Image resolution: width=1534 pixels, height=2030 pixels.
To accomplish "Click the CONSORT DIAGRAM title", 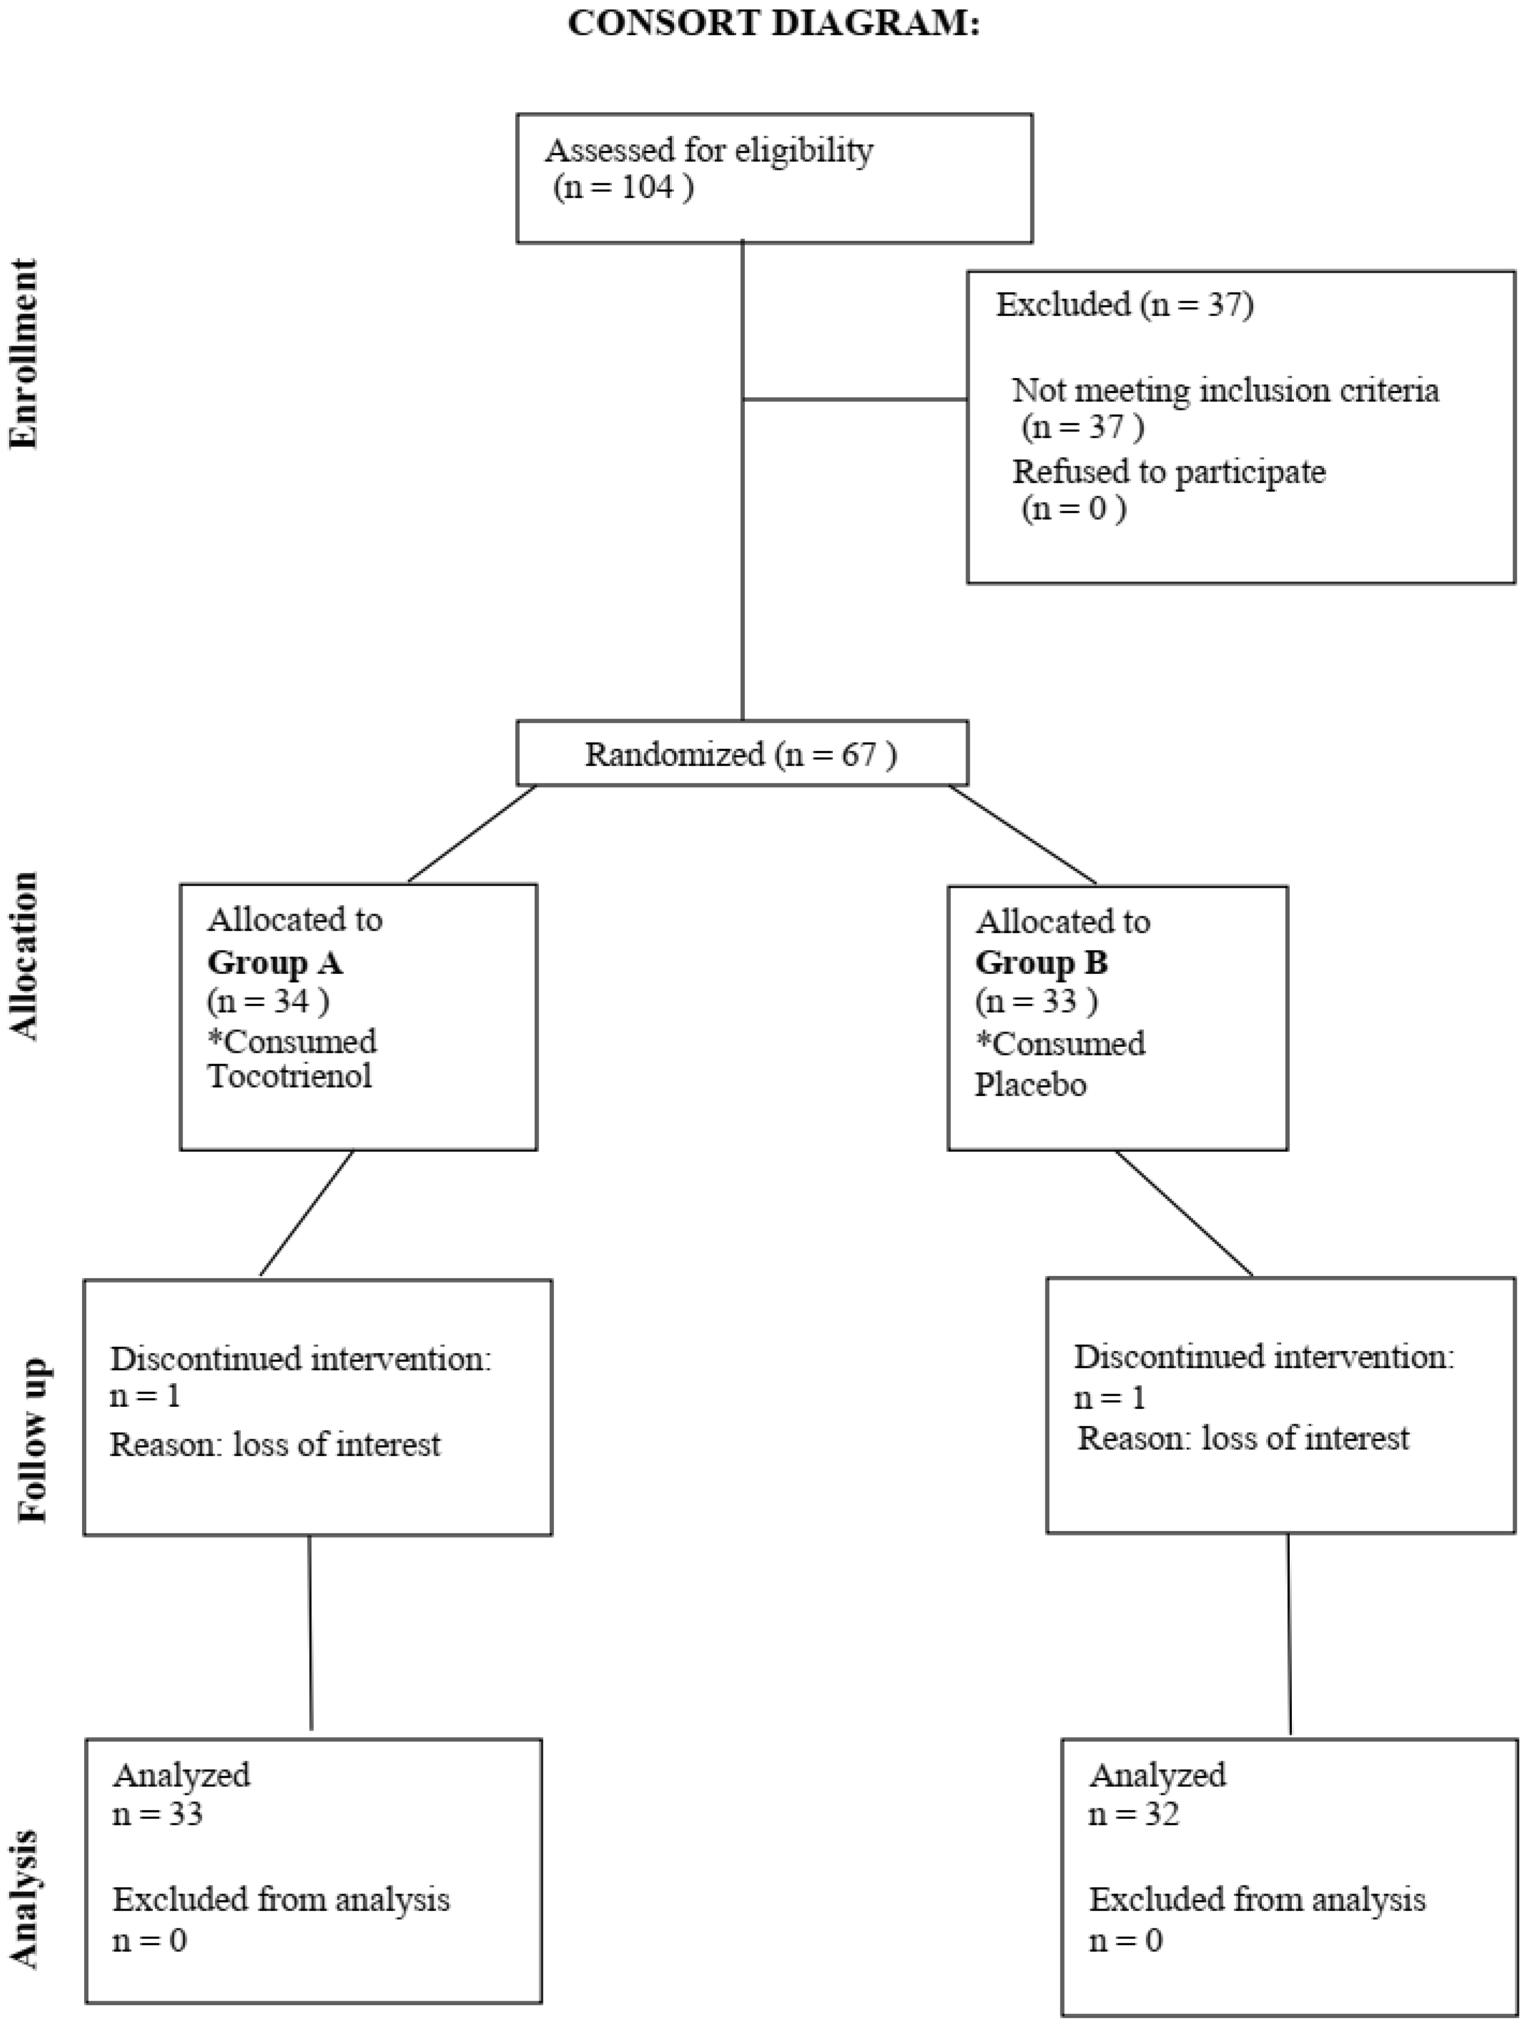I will point(773,23).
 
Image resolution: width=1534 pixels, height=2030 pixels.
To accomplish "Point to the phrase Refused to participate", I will point(1169,471).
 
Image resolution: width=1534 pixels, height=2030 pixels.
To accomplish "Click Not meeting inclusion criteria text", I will point(1225,391).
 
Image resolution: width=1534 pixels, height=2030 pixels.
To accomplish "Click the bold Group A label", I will point(274,962).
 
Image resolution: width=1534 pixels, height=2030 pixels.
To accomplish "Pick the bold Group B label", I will point(1041,962).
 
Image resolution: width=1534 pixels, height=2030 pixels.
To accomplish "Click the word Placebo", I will point(1030,1085).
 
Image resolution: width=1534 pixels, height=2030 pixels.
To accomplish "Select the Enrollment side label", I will point(25,353).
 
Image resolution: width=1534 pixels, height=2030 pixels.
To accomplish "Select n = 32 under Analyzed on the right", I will point(1134,1814).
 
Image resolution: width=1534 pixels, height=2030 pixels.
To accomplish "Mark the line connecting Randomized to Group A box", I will point(472,833).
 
